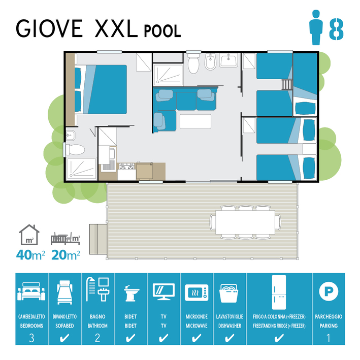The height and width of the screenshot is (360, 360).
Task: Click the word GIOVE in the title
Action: [x=49, y=28]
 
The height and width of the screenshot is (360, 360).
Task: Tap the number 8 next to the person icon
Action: [x=336, y=29]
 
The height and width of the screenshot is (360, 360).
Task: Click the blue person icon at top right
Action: [x=316, y=27]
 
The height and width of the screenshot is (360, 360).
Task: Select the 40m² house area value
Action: [x=30, y=254]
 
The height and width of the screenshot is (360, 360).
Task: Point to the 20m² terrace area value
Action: [x=66, y=254]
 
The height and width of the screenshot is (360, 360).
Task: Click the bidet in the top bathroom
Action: [x=210, y=62]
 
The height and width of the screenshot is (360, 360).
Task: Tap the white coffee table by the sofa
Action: [x=195, y=121]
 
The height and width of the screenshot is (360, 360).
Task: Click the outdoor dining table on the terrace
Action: [x=245, y=222]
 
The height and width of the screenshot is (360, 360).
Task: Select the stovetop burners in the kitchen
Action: [x=127, y=166]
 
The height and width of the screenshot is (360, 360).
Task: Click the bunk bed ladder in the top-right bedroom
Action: [x=287, y=84]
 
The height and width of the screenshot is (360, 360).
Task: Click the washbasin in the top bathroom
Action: [x=228, y=60]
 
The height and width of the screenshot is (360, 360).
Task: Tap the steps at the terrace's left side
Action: [x=98, y=239]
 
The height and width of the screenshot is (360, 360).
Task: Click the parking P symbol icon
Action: [x=329, y=291]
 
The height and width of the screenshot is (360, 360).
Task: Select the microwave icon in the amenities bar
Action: [x=197, y=292]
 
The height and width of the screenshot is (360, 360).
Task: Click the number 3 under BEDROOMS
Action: [x=31, y=338]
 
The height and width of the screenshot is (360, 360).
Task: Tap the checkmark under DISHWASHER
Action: [x=230, y=338]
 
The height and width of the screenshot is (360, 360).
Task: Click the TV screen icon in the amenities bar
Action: [x=163, y=291]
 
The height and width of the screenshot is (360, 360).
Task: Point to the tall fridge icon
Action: [x=279, y=292]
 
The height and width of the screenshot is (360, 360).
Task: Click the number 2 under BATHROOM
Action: [x=97, y=338]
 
